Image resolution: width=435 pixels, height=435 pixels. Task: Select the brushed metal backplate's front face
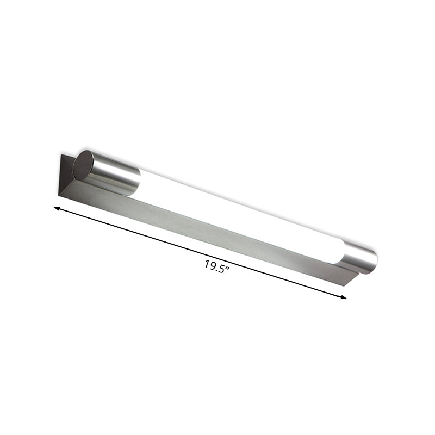(x=207, y=228)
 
